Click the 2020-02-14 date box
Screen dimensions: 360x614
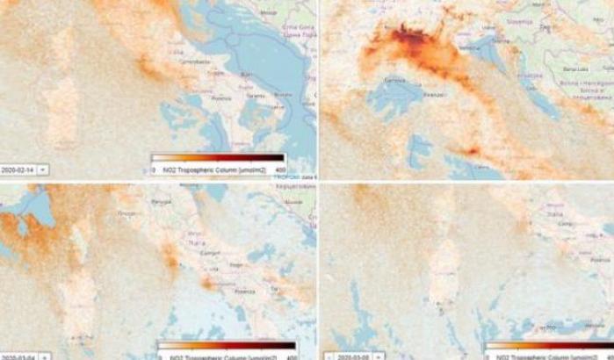pos(18,168)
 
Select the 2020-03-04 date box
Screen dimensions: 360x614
pos(18,356)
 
